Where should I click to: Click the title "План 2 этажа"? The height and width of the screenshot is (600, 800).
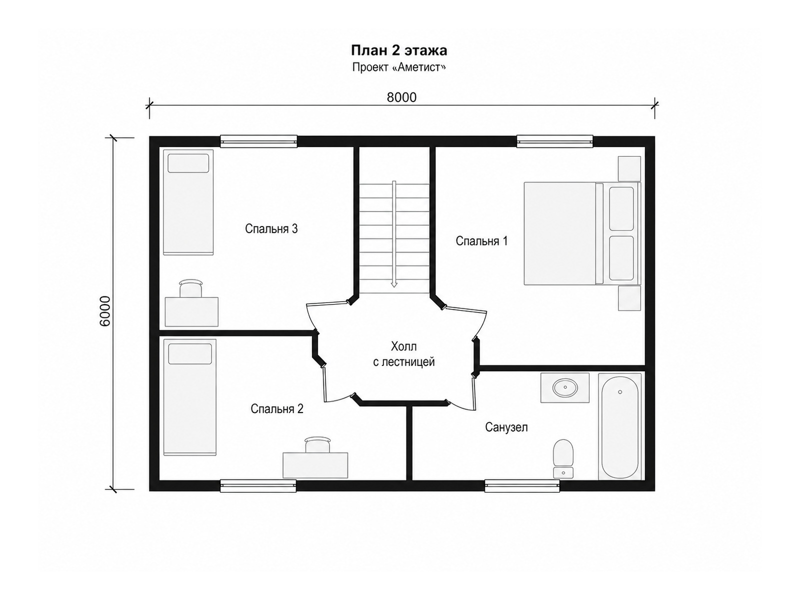398,50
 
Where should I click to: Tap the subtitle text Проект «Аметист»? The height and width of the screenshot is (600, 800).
398,67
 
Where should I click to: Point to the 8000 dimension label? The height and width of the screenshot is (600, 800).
401,97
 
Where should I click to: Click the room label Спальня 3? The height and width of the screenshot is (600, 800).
271,229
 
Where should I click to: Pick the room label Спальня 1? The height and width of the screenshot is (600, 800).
481,241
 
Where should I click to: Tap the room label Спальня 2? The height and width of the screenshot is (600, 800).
276,408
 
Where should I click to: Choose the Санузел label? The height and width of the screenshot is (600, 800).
506,427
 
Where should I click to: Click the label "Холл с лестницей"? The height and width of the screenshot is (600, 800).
404,353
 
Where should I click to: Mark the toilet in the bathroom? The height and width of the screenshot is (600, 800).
563,458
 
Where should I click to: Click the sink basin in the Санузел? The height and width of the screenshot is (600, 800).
565,387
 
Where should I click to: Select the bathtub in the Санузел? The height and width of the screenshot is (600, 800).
619,426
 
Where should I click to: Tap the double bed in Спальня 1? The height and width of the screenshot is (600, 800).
582,233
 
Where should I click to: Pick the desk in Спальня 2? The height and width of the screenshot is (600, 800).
315,465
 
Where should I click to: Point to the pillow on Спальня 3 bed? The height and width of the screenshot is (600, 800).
188,163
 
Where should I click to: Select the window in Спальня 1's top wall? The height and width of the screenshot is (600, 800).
554,141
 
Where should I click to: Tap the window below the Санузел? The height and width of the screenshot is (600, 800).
522,486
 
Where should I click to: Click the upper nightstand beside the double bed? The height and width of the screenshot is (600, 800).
629,168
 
